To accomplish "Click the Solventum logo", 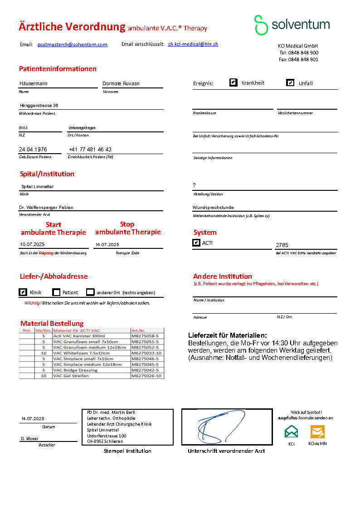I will coord(292,25).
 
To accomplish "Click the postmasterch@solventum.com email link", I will coord(73,44).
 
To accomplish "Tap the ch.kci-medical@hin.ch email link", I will coord(193,44).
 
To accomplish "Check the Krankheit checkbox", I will coord(234,82).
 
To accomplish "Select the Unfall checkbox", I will coord(290,83).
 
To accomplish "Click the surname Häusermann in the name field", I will coord(34,83).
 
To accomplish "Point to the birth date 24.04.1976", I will coord(33,150).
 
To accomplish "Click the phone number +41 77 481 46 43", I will coord(90,150).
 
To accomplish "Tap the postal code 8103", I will coord(23,128).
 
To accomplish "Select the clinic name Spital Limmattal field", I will coord(38,187).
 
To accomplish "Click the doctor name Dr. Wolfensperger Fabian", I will coord(46,208).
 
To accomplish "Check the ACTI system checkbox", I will coord(196,243).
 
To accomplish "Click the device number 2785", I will coord(282,245).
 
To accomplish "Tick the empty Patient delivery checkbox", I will coord(56,292).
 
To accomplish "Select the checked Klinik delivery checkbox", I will coord(23,292).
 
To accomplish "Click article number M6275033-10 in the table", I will coord(146,353).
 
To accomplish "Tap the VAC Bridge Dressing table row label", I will coord(75,370).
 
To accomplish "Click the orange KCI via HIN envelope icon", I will coord(317,431).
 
